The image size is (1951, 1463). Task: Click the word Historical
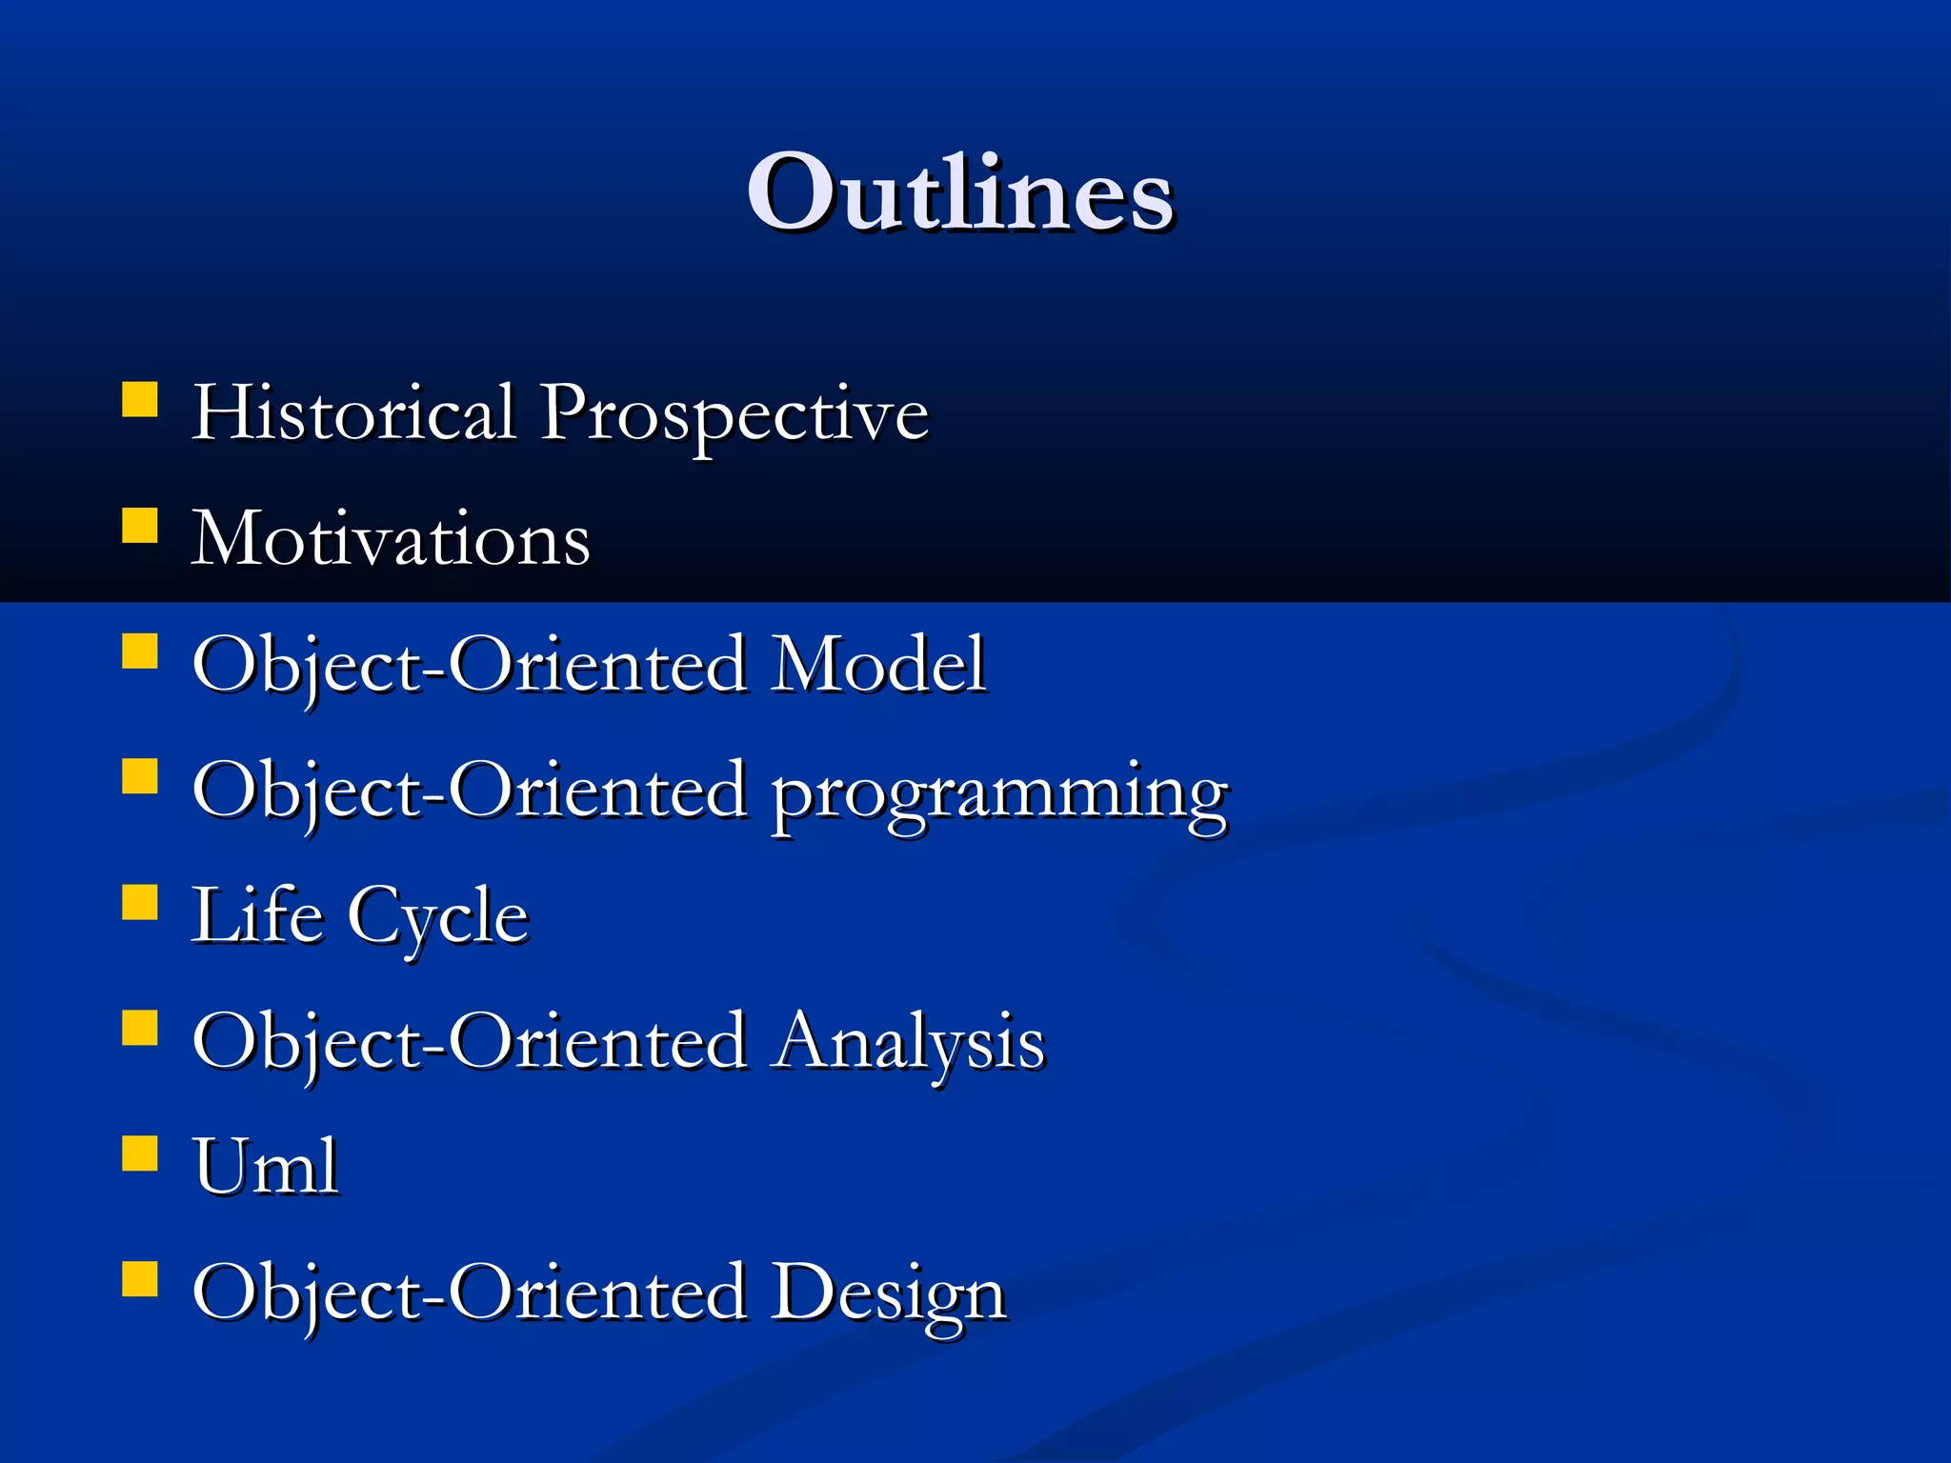pos(353,411)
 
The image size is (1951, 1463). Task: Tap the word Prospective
pos(734,415)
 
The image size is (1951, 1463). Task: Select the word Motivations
pos(391,539)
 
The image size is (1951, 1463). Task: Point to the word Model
pos(878,664)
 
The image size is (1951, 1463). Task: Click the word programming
pos(998,794)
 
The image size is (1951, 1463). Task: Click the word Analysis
pos(909,1042)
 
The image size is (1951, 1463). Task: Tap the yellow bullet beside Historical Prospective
pos(140,400)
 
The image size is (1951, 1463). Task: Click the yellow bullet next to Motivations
pos(140,525)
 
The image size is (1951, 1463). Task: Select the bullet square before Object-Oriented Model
pos(140,651)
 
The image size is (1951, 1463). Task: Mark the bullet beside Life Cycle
pos(140,902)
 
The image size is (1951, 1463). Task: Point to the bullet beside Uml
pos(140,1152)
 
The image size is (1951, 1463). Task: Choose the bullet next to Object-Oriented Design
pos(140,1279)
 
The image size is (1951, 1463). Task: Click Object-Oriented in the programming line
pos(470,791)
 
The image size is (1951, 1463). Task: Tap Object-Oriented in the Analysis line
pos(470,1042)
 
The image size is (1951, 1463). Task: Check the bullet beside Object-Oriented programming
pos(140,776)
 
